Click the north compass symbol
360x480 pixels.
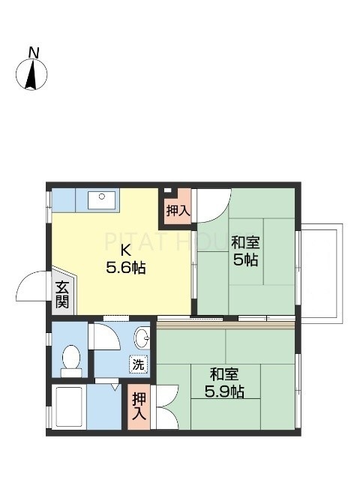pos(31,75)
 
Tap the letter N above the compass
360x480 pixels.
pos(33,52)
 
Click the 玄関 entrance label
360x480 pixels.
pos(61,294)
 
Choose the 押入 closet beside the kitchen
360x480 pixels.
pos(178,211)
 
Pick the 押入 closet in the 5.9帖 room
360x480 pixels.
pos(139,406)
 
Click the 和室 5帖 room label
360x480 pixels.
pos(245,251)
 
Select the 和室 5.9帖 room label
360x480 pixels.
pos(225,382)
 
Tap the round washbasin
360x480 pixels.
pos(142,335)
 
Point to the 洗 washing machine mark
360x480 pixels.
pos(139,364)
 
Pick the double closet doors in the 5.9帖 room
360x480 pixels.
pos(165,406)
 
